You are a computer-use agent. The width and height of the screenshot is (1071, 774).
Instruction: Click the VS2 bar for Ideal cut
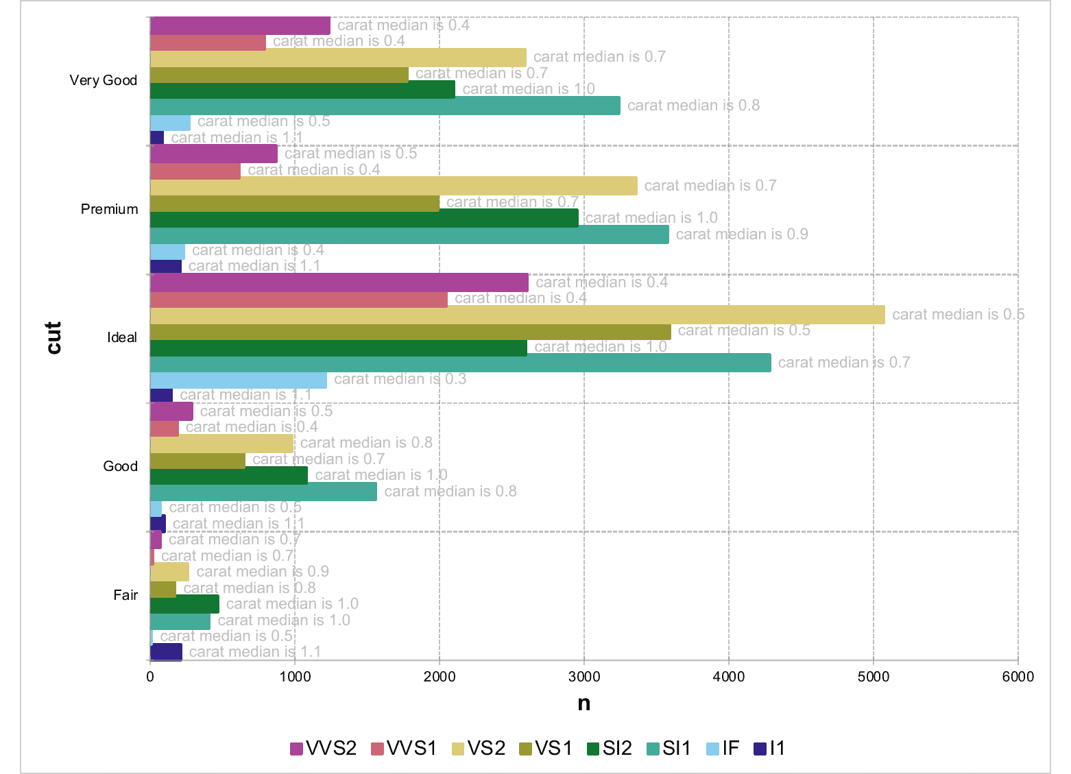click(517, 315)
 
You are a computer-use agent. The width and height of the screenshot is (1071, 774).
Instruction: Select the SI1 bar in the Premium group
click(409, 234)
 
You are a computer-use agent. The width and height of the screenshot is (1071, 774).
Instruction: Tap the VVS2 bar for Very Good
click(240, 25)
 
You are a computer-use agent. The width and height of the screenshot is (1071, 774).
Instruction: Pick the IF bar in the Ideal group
click(239, 379)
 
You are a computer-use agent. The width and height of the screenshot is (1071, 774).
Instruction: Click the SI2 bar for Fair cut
click(184, 604)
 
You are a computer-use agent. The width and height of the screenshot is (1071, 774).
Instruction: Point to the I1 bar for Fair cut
click(166, 652)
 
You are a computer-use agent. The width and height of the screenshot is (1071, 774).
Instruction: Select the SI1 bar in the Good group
click(263, 492)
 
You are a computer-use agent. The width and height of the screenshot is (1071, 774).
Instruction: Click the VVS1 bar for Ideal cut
click(298, 299)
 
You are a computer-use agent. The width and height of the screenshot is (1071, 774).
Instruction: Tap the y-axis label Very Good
click(104, 80)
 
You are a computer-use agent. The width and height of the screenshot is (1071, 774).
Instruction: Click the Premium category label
click(109, 209)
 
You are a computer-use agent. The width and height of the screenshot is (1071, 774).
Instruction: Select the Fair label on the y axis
click(125, 595)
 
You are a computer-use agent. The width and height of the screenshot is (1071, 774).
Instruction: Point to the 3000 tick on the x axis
click(584, 677)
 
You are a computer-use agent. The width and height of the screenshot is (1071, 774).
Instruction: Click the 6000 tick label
click(1018, 677)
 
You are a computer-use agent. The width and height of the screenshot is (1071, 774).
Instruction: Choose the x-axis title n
click(583, 703)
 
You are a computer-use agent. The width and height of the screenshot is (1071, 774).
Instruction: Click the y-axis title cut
click(53, 337)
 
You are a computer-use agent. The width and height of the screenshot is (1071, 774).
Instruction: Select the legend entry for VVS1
click(404, 749)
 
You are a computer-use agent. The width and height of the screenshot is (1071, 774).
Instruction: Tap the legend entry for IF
click(723, 749)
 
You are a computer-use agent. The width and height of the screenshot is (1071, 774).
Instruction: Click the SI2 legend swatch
click(594, 749)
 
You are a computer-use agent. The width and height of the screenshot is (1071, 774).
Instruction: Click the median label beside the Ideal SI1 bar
click(843, 363)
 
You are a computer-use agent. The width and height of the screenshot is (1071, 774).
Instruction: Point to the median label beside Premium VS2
click(710, 186)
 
